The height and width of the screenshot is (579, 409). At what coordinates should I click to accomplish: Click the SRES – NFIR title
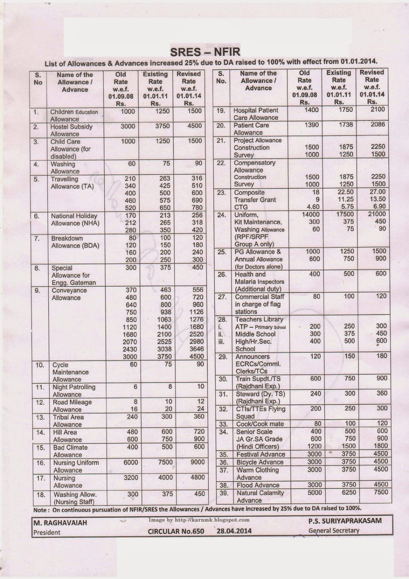[205, 51]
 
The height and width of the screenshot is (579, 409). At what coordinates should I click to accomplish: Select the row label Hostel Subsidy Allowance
[71, 130]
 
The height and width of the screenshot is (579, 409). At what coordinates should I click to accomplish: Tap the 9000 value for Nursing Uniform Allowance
[198, 462]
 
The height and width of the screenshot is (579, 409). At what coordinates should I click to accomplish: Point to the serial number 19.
[221, 110]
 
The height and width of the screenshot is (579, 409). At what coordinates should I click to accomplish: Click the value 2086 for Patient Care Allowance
[378, 124]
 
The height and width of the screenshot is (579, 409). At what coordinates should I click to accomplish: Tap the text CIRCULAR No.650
[176, 531]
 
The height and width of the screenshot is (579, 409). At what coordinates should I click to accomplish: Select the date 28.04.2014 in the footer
[234, 531]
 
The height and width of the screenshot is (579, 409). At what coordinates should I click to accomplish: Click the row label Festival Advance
[260, 454]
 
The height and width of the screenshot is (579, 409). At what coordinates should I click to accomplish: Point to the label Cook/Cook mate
[260, 424]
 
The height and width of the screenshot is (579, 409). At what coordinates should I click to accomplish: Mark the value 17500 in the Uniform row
[344, 214]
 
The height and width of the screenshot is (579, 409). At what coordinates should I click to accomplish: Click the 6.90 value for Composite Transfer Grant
[379, 206]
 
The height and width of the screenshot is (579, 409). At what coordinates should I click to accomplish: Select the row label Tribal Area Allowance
[68, 421]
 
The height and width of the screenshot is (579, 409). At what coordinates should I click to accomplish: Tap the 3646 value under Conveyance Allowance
[196, 349]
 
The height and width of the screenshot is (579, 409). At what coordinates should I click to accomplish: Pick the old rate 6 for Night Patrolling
[135, 386]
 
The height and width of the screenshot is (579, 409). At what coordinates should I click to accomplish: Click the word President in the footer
[47, 532]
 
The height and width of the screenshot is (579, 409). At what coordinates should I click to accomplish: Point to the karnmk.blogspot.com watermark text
[199, 520]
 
